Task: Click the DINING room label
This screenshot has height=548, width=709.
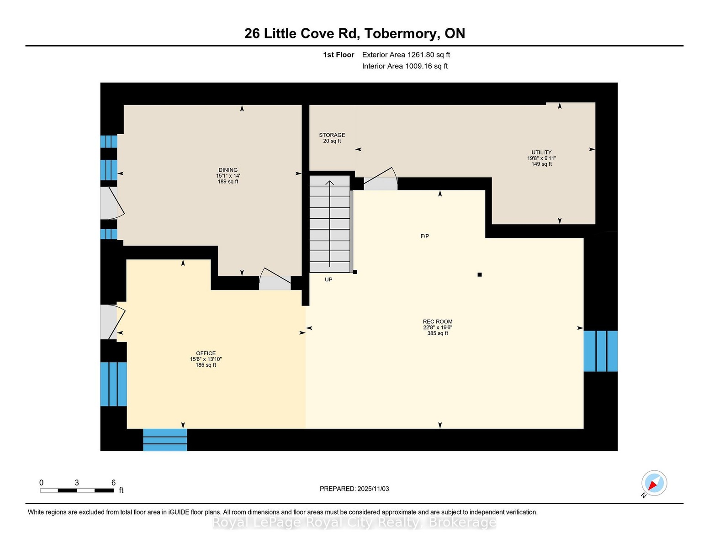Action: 228,170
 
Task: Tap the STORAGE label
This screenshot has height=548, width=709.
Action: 332,135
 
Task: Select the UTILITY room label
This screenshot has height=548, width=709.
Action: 541,152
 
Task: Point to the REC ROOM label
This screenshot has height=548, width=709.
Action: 438,321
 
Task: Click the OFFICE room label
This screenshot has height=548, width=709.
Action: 206,353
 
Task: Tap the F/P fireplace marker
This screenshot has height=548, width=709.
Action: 424,236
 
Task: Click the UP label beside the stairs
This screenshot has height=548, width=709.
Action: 328,279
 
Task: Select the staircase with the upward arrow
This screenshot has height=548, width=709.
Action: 330,224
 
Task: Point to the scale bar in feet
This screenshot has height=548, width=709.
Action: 77,490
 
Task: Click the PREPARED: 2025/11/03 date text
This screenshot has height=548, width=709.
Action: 354,489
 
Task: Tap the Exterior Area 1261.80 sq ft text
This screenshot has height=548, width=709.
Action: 406,55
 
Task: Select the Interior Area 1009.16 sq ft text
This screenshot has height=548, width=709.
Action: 405,66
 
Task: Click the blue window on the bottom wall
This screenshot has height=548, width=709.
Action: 165,440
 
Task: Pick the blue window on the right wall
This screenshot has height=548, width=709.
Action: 600,351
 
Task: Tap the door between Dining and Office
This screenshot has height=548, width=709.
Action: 275,279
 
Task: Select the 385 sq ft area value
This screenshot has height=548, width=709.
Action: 438,333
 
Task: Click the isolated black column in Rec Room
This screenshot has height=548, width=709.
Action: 480,274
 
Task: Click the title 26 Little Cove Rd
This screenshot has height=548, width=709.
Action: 302,33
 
